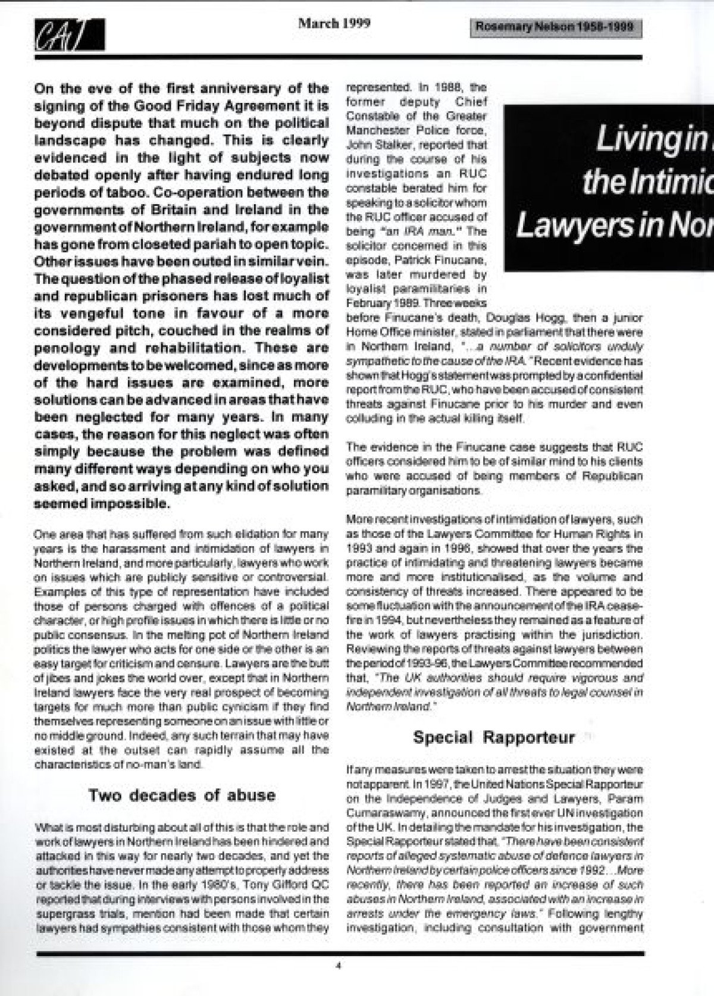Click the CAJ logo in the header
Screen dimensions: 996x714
(69, 35)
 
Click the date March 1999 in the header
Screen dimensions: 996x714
(334, 23)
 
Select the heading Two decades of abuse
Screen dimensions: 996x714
(182, 795)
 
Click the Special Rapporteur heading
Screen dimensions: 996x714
(494, 737)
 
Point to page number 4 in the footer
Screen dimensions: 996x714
(338, 966)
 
